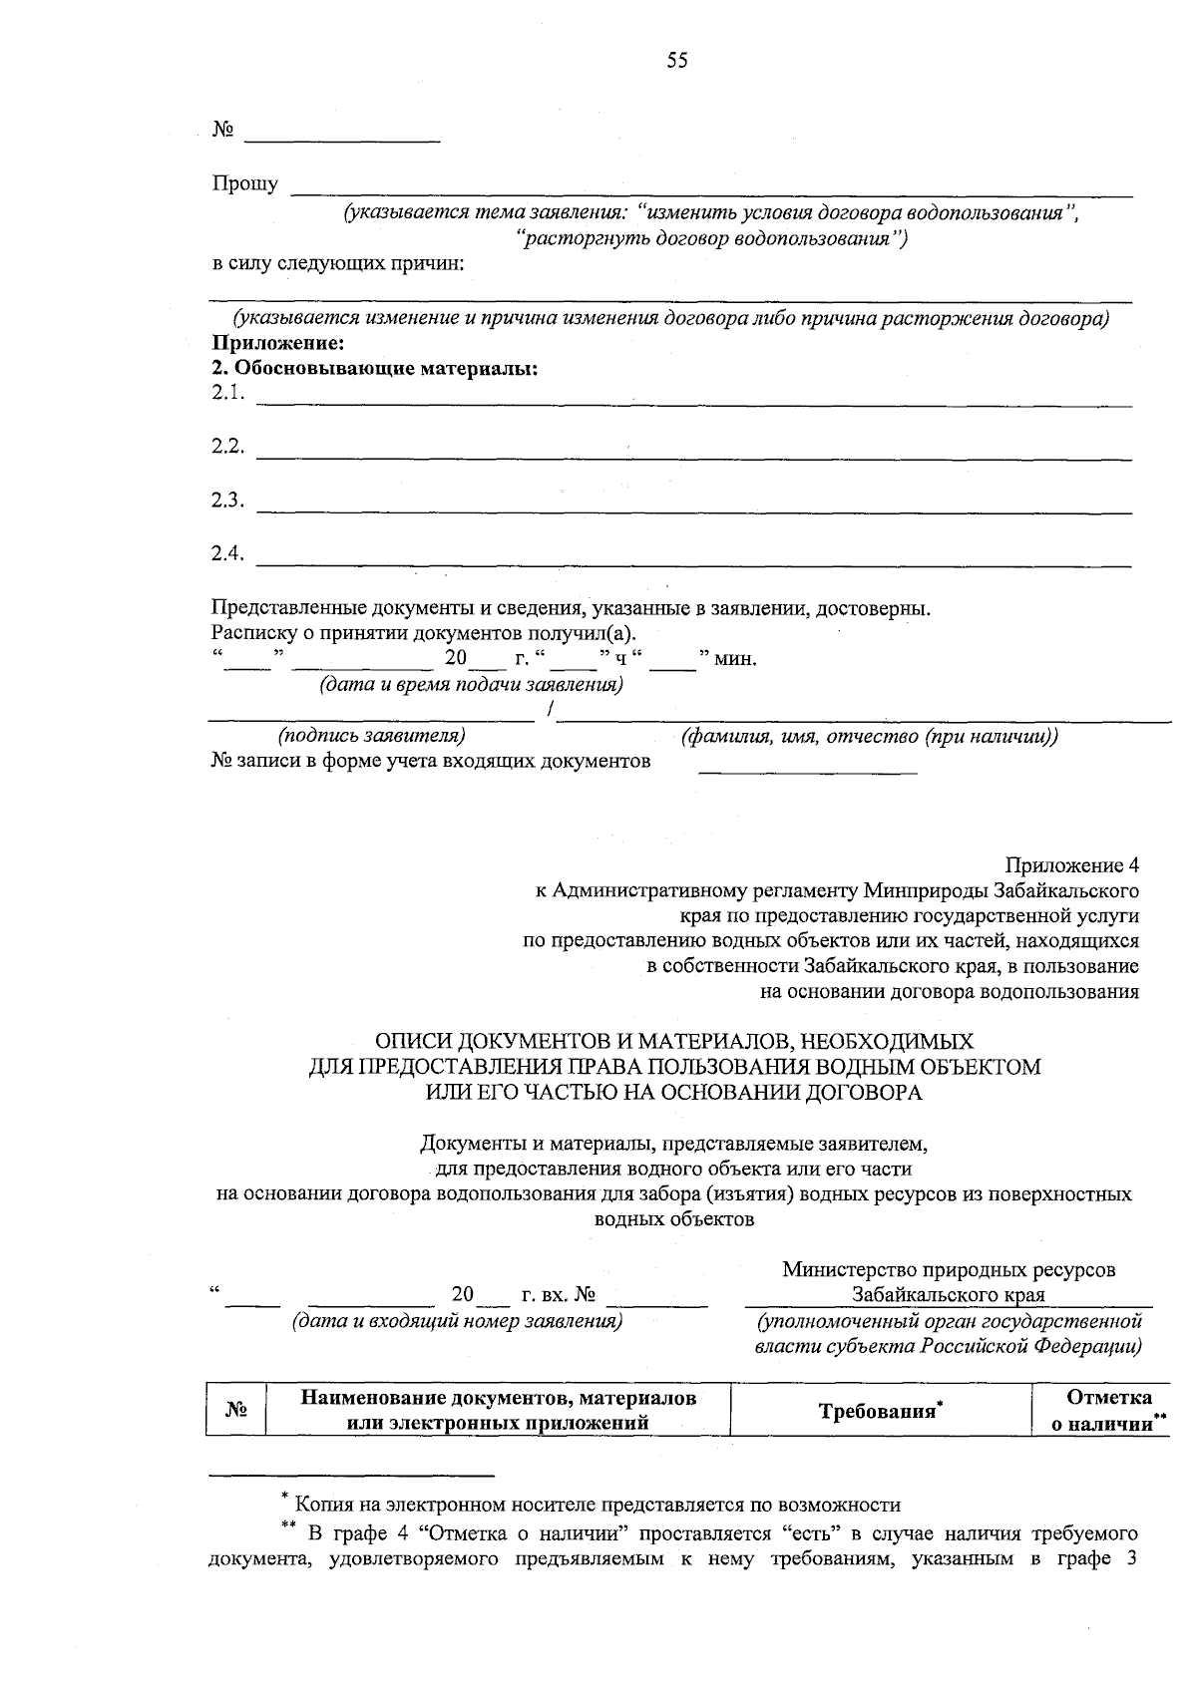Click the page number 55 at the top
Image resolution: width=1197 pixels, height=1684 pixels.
[x=677, y=62]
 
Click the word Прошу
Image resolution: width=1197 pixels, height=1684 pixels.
[x=244, y=184]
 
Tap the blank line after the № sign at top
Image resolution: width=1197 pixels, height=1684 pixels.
[x=342, y=137]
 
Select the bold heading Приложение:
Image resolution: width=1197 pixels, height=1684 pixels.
[x=278, y=344]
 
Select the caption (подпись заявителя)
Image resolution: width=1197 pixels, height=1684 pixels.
[x=371, y=736]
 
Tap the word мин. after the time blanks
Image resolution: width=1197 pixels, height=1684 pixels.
[x=736, y=659]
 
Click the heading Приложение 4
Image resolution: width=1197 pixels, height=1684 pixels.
[x=1071, y=863]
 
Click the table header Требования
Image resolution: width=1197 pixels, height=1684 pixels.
[x=879, y=1411]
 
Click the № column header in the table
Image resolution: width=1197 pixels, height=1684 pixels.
[x=235, y=1410]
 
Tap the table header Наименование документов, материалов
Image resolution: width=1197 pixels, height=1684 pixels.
[x=498, y=1398]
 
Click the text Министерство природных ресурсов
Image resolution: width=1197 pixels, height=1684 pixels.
[x=948, y=1270]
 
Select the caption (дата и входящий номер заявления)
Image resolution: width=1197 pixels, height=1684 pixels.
[x=456, y=1321]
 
